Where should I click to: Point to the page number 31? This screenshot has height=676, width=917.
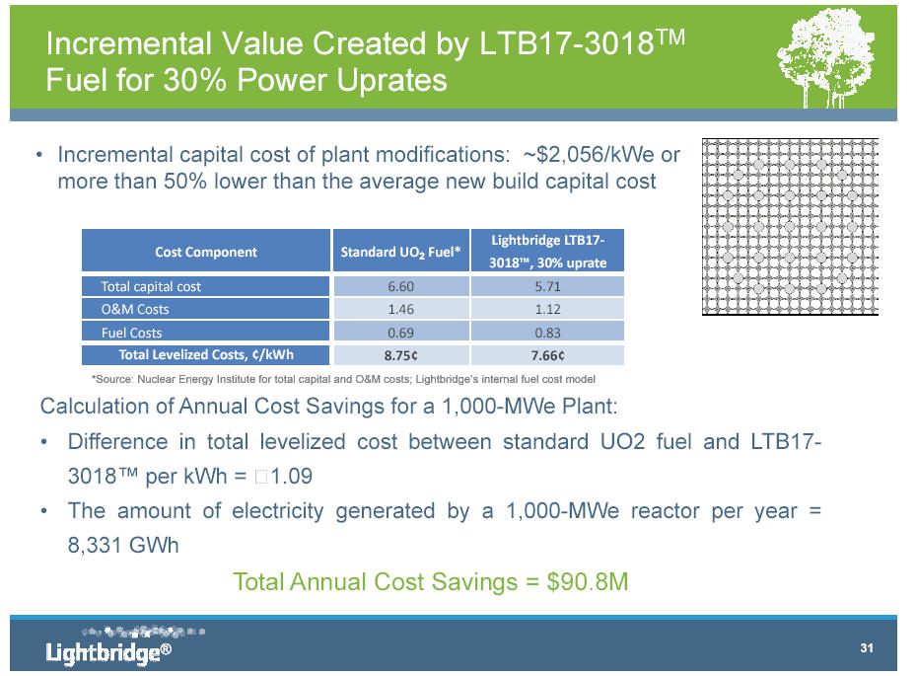[868, 648]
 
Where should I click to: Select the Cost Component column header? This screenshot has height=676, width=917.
[206, 252]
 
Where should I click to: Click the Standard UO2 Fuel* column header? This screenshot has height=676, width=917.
[400, 252]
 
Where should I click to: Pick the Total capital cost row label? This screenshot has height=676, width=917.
[151, 287]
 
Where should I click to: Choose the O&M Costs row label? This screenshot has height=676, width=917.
[135, 310]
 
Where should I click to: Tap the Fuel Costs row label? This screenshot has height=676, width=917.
[132, 333]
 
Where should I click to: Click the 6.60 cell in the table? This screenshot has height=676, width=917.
[399, 287]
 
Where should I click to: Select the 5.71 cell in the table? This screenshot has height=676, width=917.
[547, 287]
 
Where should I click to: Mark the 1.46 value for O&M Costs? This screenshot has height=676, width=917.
[399, 310]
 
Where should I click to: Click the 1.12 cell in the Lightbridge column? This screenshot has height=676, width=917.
[547, 310]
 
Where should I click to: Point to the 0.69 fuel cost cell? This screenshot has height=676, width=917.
[399, 333]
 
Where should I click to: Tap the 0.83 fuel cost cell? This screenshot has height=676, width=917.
[547, 333]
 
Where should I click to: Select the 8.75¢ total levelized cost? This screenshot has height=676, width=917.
[399, 354]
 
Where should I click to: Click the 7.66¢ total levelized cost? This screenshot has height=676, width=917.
[547, 354]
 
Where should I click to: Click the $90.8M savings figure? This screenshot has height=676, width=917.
[588, 582]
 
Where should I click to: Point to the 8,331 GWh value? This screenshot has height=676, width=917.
[123, 545]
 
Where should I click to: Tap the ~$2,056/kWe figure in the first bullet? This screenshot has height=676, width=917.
[585, 156]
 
